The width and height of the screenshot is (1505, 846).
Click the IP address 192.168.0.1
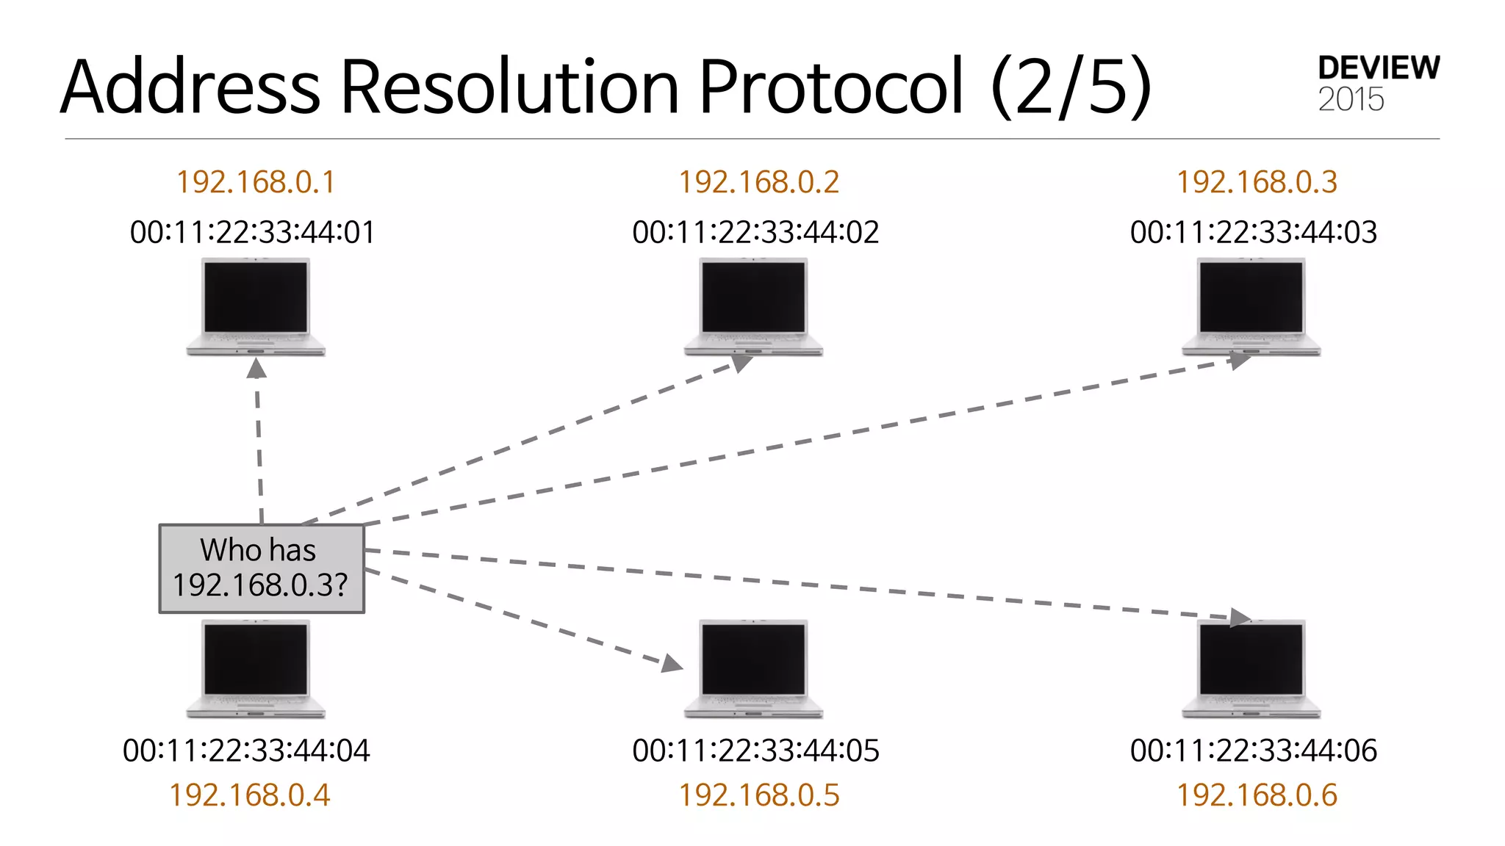[256, 182]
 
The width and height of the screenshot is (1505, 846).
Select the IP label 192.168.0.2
[758, 182]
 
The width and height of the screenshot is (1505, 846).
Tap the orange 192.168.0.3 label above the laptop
[1257, 182]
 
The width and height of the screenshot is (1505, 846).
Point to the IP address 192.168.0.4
[250, 795]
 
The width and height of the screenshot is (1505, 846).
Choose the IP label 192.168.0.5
[758, 795]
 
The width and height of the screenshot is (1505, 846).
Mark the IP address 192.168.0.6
[1257, 795]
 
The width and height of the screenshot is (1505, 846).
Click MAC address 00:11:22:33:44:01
[252, 232]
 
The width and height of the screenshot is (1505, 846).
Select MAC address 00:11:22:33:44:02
[755, 232]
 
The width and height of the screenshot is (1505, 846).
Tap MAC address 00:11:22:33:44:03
[1253, 232]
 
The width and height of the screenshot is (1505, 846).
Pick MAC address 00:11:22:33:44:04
[246, 751]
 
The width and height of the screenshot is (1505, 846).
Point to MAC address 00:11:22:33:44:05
[755, 751]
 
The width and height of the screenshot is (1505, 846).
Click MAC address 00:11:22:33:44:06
[1253, 751]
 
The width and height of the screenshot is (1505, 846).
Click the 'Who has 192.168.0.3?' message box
[262, 568]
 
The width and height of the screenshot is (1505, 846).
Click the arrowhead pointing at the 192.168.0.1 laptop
[256, 369]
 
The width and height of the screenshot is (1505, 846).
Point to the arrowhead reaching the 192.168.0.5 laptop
[672, 664]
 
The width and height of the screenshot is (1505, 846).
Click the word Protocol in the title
[830, 87]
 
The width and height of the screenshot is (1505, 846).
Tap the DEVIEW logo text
[1379, 68]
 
